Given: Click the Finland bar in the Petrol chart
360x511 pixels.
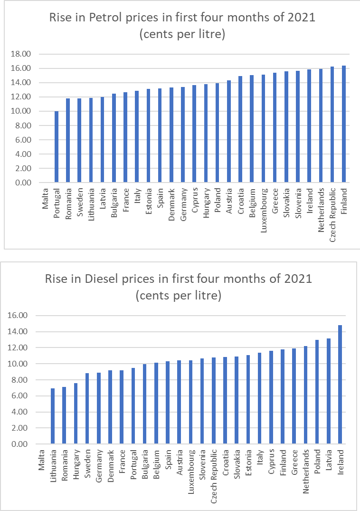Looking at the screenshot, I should click(x=344, y=124).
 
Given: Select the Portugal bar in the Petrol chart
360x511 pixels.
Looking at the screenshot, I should click(x=57, y=147).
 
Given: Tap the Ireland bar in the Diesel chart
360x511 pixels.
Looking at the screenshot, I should click(x=340, y=385).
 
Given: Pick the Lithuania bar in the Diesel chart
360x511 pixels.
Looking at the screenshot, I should click(x=53, y=416).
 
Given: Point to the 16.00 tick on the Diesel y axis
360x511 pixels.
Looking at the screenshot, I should click(x=19, y=316).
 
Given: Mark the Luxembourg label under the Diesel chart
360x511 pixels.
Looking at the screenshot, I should click(x=191, y=464).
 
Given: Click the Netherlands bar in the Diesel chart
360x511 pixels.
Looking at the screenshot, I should click(x=305, y=395).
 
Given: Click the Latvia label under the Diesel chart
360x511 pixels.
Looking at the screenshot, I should click(x=329, y=458).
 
